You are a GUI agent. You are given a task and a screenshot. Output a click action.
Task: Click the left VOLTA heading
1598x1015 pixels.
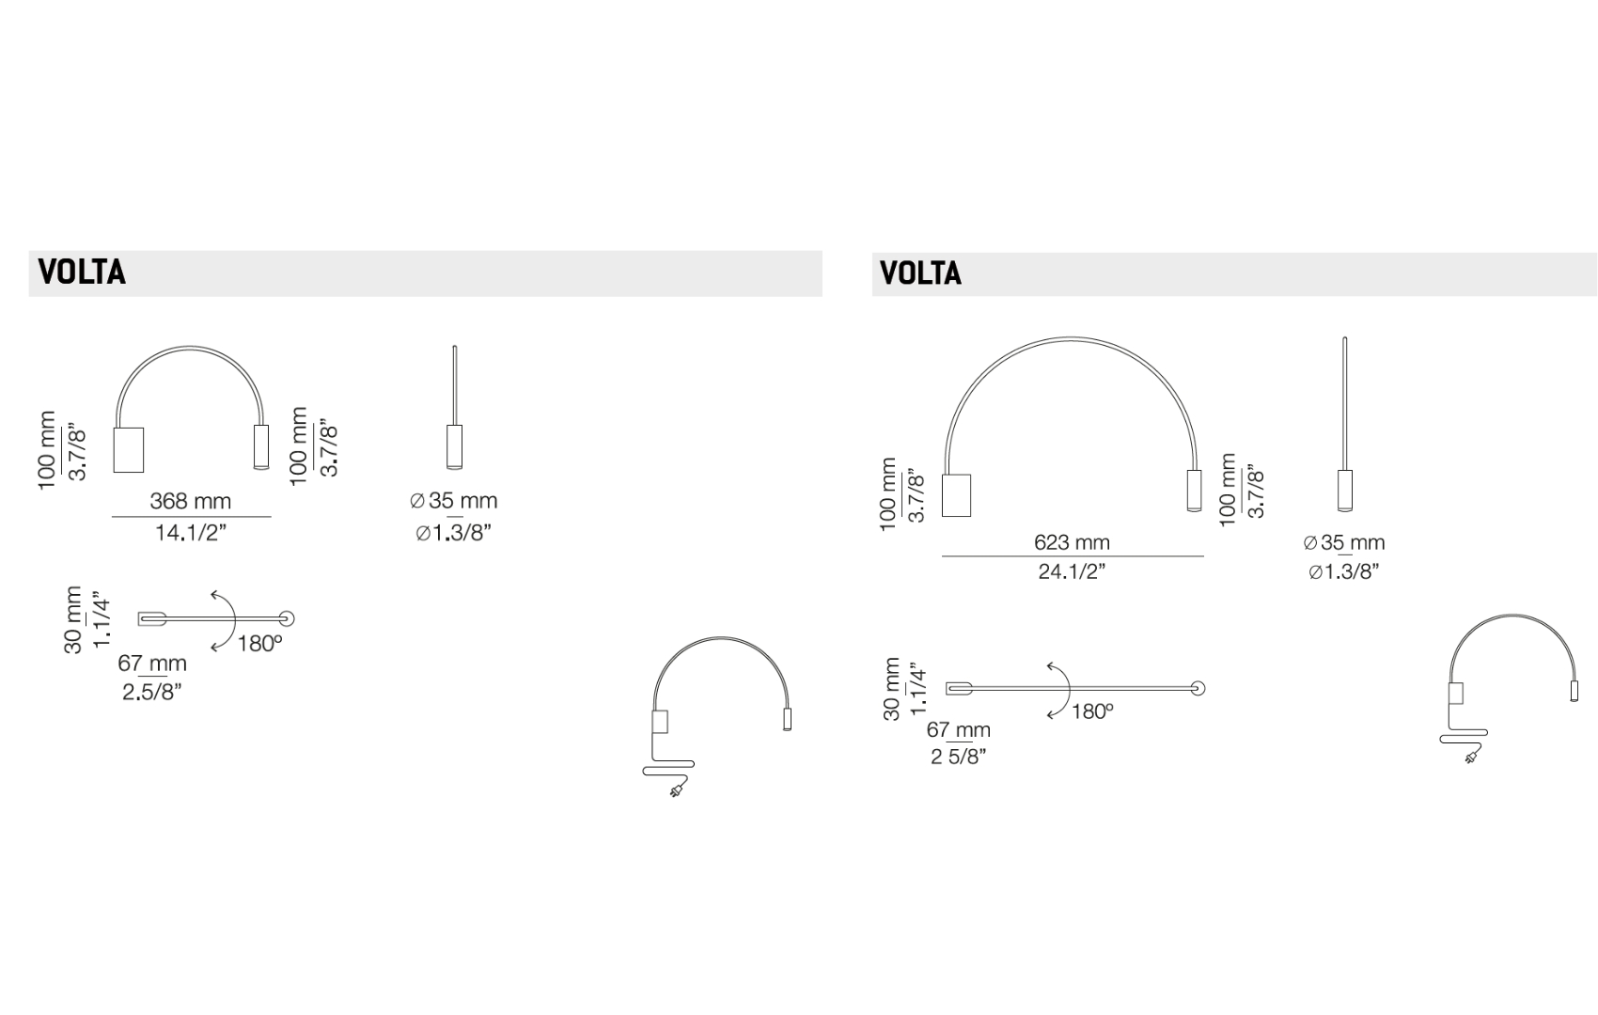point(82,273)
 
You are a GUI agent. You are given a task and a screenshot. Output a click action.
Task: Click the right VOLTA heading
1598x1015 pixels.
point(921,273)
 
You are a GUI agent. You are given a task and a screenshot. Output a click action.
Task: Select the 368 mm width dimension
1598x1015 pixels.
point(191,501)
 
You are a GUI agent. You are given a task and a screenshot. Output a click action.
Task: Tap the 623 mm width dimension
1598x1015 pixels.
point(1072,542)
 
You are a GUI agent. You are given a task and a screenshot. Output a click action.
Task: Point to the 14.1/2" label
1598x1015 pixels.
point(191,532)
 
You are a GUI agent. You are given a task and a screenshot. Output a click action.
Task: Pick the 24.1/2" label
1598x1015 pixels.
point(1072,571)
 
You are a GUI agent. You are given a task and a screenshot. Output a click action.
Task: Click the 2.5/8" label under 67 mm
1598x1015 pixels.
point(152,692)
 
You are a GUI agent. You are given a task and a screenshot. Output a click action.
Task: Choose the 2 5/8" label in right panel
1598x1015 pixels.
point(958,756)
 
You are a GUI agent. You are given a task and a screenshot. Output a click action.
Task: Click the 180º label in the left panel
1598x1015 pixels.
point(259,644)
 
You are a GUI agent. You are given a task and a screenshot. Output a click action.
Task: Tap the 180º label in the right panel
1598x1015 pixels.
point(1092,711)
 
